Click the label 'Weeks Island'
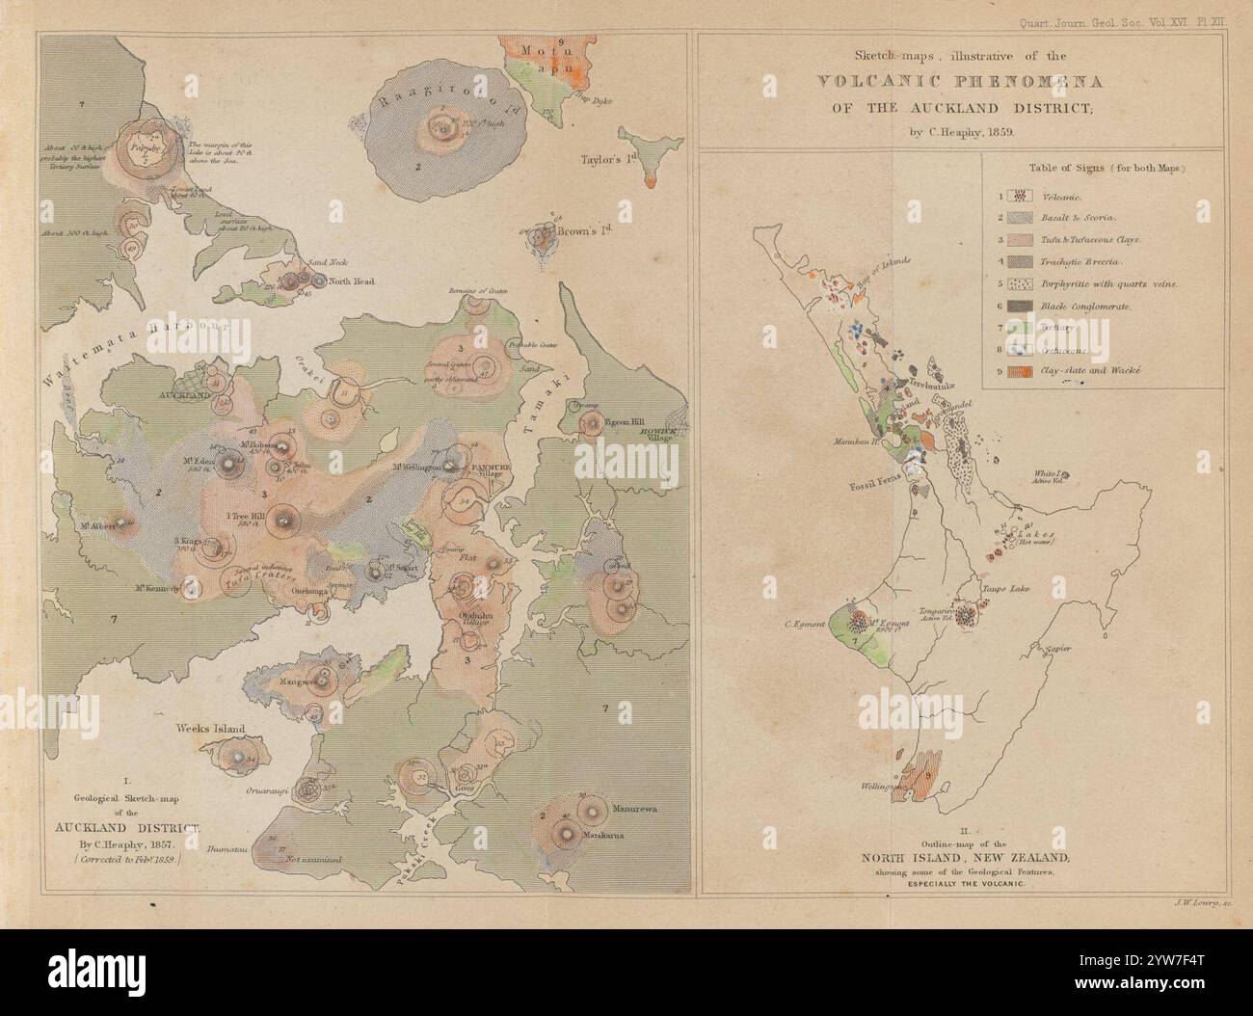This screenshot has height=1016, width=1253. tap(209, 730)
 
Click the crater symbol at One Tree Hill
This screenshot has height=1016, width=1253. tap(281, 521)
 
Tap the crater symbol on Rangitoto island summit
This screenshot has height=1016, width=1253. tap(444, 127)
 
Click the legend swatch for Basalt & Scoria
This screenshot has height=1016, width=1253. tap(1018, 217)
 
